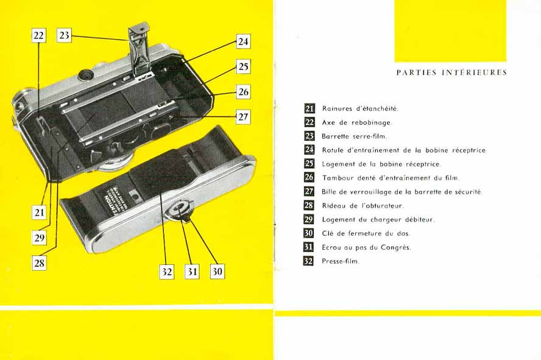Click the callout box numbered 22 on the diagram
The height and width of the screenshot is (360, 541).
click(38, 35)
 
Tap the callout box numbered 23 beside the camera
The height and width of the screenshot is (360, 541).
click(64, 35)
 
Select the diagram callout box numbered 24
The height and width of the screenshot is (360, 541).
click(243, 41)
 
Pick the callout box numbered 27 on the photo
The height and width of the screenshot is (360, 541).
click(243, 117)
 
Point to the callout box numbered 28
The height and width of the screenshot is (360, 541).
click(40, 263)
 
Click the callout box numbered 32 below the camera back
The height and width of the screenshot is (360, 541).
click(167, 272)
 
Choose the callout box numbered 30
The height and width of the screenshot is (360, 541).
click(217, 272)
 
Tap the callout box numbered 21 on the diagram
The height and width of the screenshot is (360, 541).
click(40, 213)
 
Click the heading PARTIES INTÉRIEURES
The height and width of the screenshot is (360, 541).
click(451, 72)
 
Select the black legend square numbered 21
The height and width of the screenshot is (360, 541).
click(309, 108)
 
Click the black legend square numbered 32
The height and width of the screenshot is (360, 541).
click(308, 261)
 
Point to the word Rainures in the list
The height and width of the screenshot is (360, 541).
click(336, 108)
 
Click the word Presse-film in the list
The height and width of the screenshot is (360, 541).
click(341, 261)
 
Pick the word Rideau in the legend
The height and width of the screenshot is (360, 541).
click(334, 206)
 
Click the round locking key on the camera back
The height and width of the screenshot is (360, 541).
click(180, 210)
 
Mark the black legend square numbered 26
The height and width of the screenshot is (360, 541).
click(309, 178)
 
